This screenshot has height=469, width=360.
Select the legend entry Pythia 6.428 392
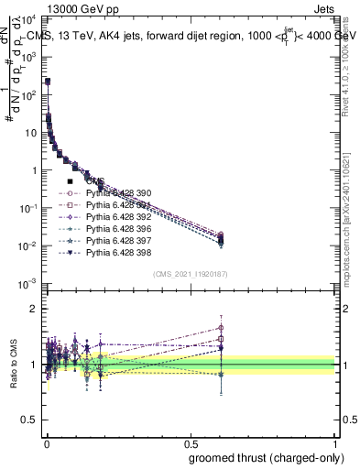114,217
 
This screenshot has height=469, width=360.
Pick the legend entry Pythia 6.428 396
114,229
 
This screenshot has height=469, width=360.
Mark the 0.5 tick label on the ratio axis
28,421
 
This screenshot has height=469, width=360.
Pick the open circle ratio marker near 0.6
221,327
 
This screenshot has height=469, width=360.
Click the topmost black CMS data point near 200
47,81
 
